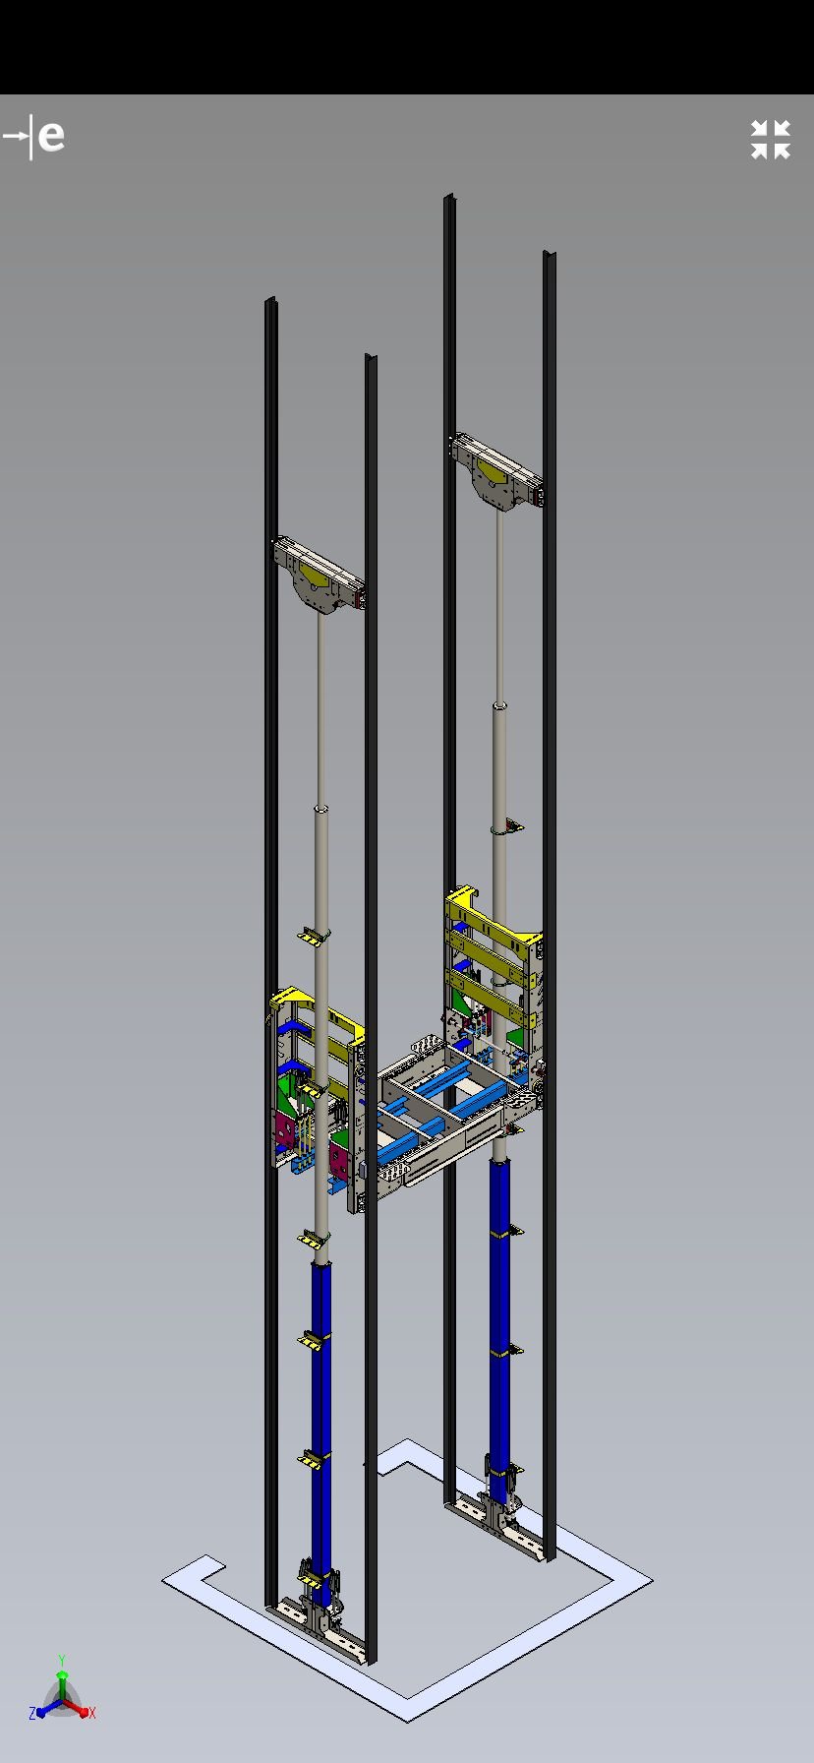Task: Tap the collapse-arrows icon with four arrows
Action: (x=771, y=140)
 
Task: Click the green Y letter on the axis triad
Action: (x=62, y=1661)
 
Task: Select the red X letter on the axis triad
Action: (x=91, y=1713)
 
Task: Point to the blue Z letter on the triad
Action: (x=32, y=1713)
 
